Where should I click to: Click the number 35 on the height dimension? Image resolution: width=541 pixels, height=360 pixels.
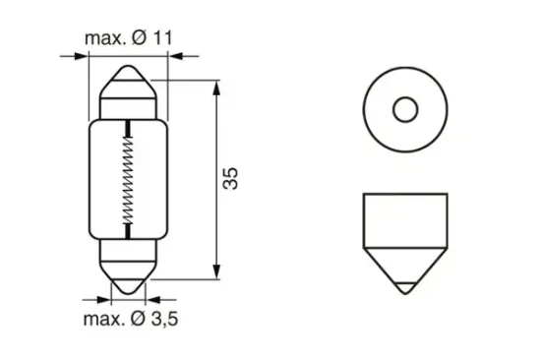pos(232,178)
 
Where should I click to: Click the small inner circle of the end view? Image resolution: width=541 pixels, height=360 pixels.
pos(404,108)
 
